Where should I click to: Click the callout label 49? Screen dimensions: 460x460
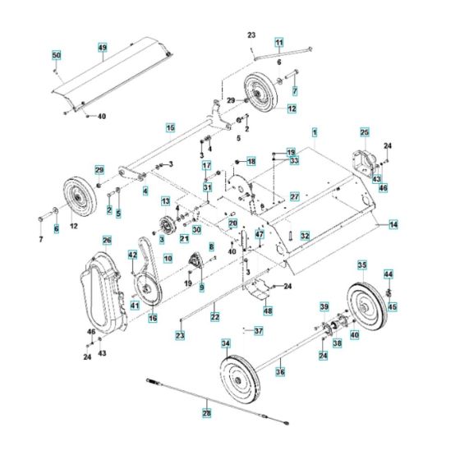pyautogui.click(x=103, y=48)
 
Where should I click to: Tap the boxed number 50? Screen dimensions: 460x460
pyautogui.click(x=57, y=55)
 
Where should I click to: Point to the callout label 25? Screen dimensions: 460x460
pyautogui.click(x=364, y=131)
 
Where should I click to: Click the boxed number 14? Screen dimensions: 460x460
pyautogui.click(x=393, y=223)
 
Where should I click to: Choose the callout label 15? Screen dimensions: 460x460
pyautogui.click(x=170, y=127)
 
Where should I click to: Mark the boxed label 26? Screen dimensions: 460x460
pyautogui.click(x=106, y=239)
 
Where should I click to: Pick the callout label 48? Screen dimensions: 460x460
pyautogui.click(x=267, y=310)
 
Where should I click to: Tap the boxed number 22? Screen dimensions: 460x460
pyautogui.click(x=214, y=315)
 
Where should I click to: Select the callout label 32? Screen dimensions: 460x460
pyautogui.click(x=304, y=235)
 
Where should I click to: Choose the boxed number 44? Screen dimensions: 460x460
pyautogui.click(x=389, y=274)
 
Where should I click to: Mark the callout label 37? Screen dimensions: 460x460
pyautogui.click(x=258, y=331)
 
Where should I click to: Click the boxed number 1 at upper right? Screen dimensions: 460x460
pyautogui.click(x=315, y=131)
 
